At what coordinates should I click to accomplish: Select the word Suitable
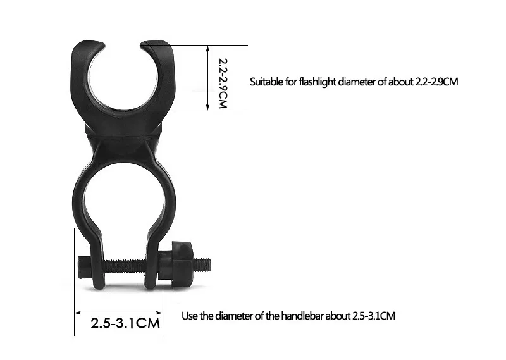point(266,82)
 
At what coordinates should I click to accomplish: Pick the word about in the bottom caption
point(333,316)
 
